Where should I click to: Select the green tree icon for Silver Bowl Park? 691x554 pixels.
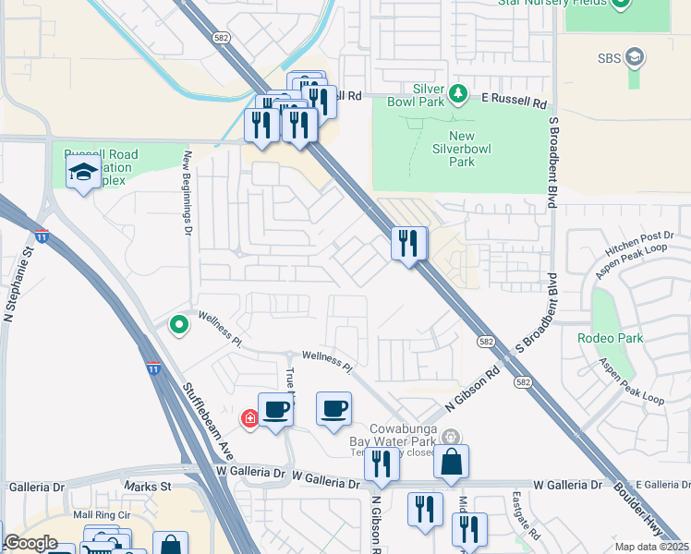click(x=456, y=93)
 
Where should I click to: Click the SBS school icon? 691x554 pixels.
click(x=634, y=59)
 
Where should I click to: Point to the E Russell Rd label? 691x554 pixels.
click(x=515, y=96)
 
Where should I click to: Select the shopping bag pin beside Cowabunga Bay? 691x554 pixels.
click(x=451, y=462)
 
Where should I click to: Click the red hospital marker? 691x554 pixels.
click(x=249, y=419)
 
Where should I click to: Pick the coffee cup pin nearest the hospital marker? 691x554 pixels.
click(x=275, y=409)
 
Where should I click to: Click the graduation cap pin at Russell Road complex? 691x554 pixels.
click(x=83, y=172)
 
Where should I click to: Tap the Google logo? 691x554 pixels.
click(x=30, y=543)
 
